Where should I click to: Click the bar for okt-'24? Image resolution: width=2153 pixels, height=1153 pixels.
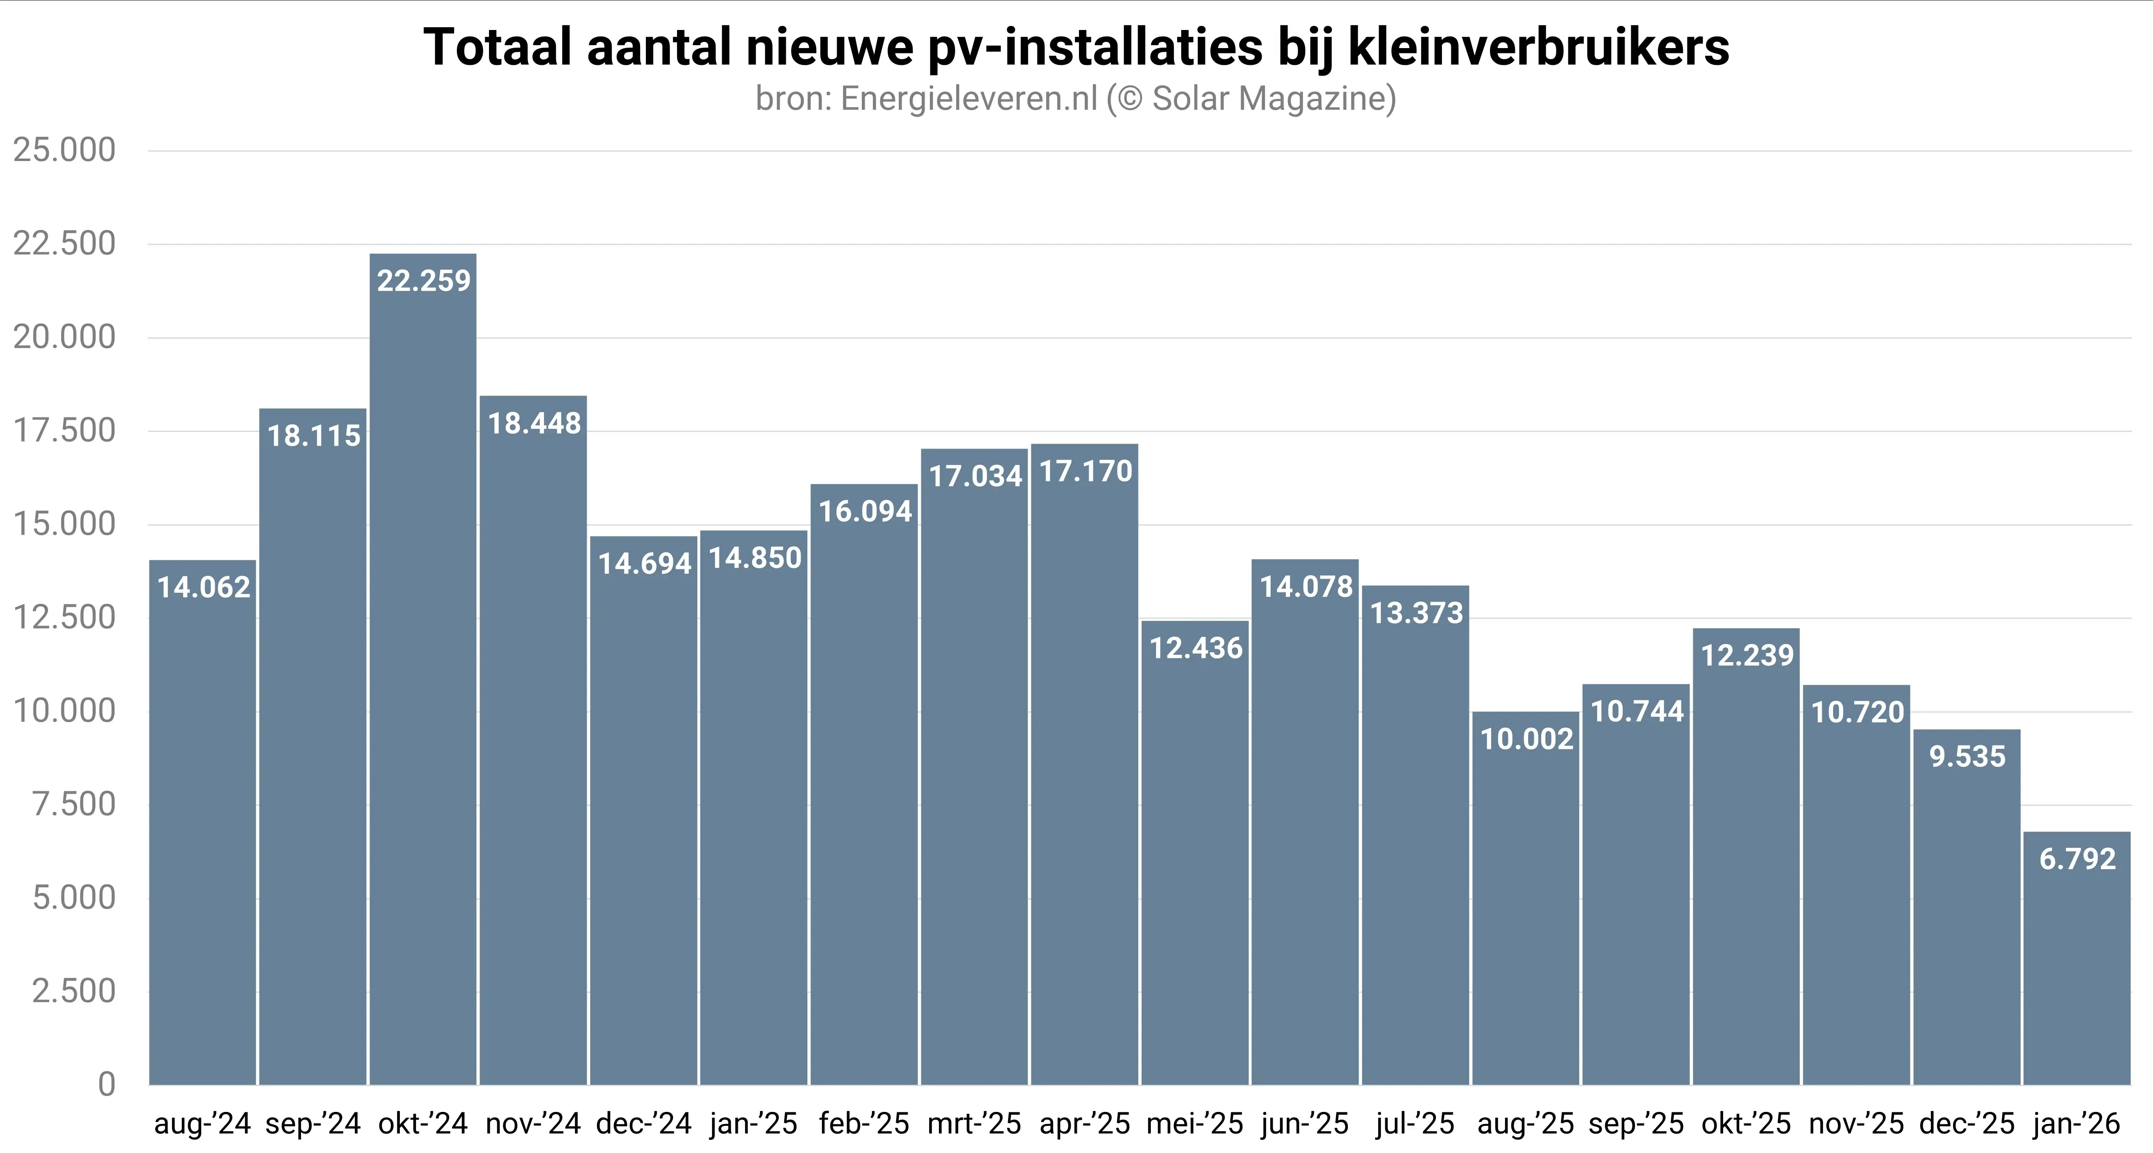pyautogui.click(x=423, y=669)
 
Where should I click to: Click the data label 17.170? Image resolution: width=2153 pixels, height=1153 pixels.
pyautogui.click(x=1085, y=472)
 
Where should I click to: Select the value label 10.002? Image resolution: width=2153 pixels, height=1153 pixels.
pyautogui.click(x=1526, y=739)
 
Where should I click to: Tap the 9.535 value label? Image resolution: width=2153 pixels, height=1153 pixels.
pyautogui.click(x=1967, y=757)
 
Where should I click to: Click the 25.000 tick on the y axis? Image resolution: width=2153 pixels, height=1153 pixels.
pyautogui.click(x=64, y=150)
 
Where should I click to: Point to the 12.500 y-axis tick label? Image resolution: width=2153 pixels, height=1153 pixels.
pyautogui.click(x=64, y=618)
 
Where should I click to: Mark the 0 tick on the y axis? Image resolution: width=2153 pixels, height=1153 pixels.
pyautogui.click(x=106, y=1084)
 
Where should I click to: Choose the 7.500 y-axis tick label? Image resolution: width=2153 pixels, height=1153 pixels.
pyautogui.click(x=73, y=804)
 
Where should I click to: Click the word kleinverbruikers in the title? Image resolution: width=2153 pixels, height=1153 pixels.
pyautogui.click(x=1538, y=48)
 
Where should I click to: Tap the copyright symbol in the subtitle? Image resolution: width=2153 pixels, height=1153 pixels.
pyautogui.click(x=1129, y=99)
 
